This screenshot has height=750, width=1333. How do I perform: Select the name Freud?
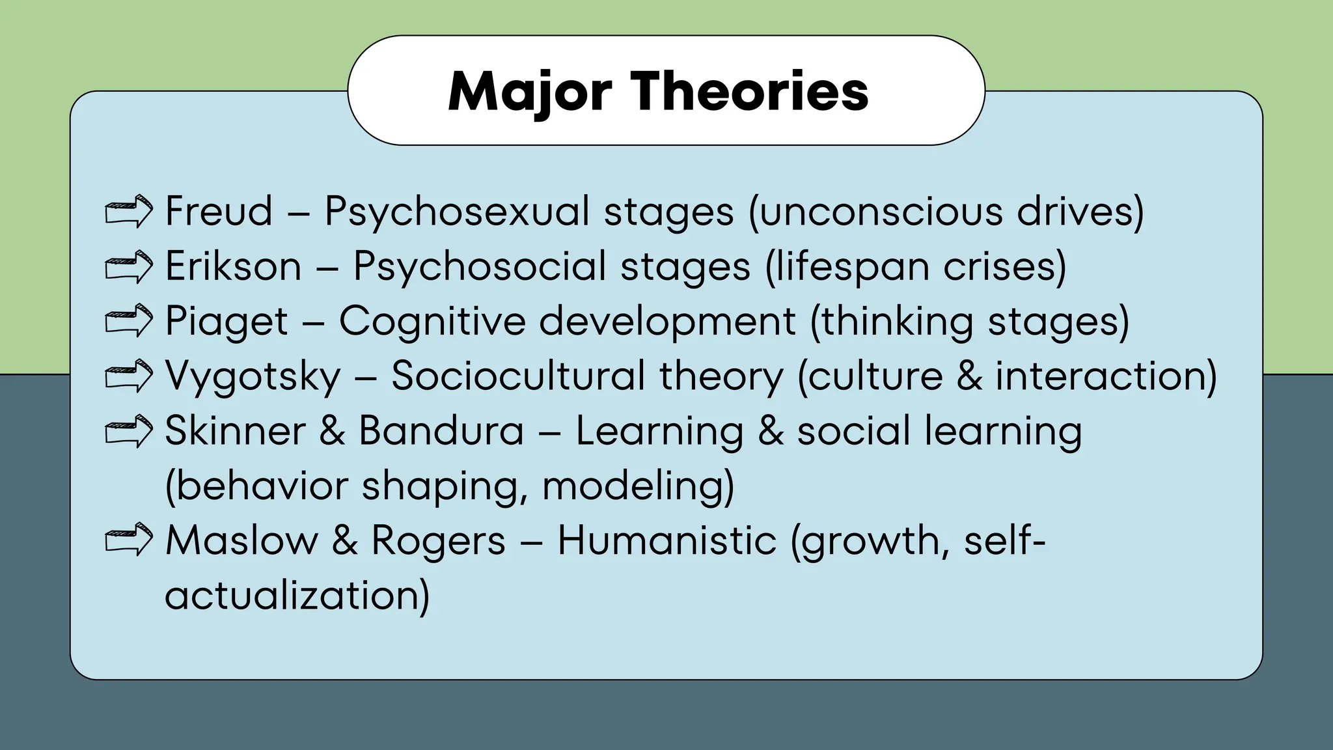point(219,211)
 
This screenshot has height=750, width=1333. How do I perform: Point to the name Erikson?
point(233,266)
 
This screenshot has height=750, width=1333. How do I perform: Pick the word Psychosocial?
point(479,267)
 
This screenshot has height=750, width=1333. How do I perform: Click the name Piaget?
point(226,322)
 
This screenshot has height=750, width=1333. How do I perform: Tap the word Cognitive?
point(432,322)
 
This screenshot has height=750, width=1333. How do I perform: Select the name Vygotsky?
point(253,377)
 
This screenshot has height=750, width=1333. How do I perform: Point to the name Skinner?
point(235,431)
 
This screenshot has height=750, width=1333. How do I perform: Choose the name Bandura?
point(441,431)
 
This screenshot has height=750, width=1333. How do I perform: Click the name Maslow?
point(241,540)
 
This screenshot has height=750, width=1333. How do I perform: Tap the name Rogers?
point(438,542)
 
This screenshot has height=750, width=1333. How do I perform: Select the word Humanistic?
point(667,540)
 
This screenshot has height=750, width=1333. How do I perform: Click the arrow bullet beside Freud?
point(129,211)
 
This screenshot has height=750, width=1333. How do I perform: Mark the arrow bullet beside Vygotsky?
point(129,376)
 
